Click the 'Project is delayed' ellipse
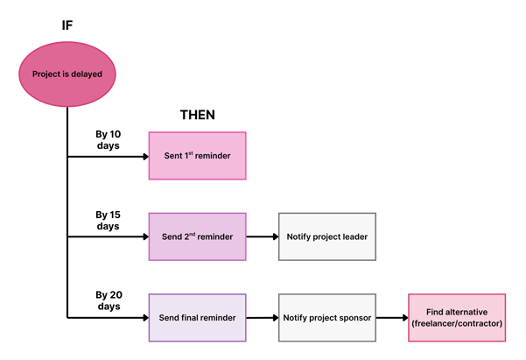[67, 74]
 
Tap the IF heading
[67, 24]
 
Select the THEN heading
[197, 115]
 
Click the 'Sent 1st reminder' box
[197, 156]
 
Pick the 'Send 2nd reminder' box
[197, 236]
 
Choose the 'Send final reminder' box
[197, 317]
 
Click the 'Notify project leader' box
[326, 236]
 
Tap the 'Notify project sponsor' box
[326, 317]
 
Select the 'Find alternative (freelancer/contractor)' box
[456, 317]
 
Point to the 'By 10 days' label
[108, 139]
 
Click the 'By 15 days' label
[108, 220]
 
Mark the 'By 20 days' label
[108, 300]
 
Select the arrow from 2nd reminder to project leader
[262, 236]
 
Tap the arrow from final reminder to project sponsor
[262, 317]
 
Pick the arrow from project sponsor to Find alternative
[391, 317]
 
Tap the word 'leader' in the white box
[353, 236]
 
